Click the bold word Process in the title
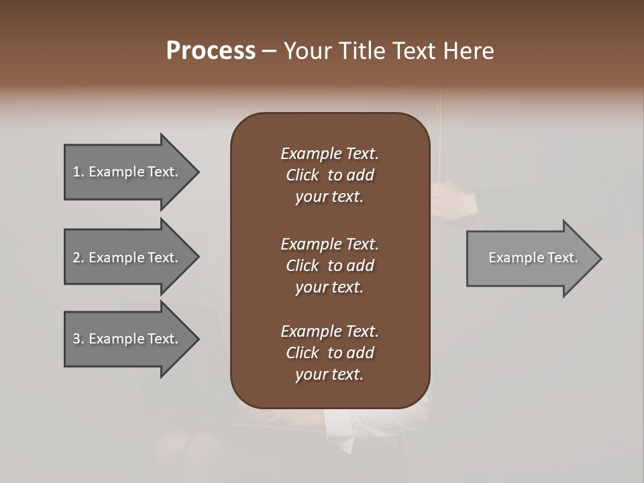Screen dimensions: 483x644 point(211,51)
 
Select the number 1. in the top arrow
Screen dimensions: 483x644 point(78,172)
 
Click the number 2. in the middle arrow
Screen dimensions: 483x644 point(78,258)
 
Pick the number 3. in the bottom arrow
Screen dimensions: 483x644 point(78,339)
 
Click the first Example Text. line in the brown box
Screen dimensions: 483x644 point(329,154)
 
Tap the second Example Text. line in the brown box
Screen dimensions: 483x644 point(329,244)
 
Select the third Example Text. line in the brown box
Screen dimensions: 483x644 point(329,331)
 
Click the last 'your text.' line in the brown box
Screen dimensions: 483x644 point(329,374)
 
